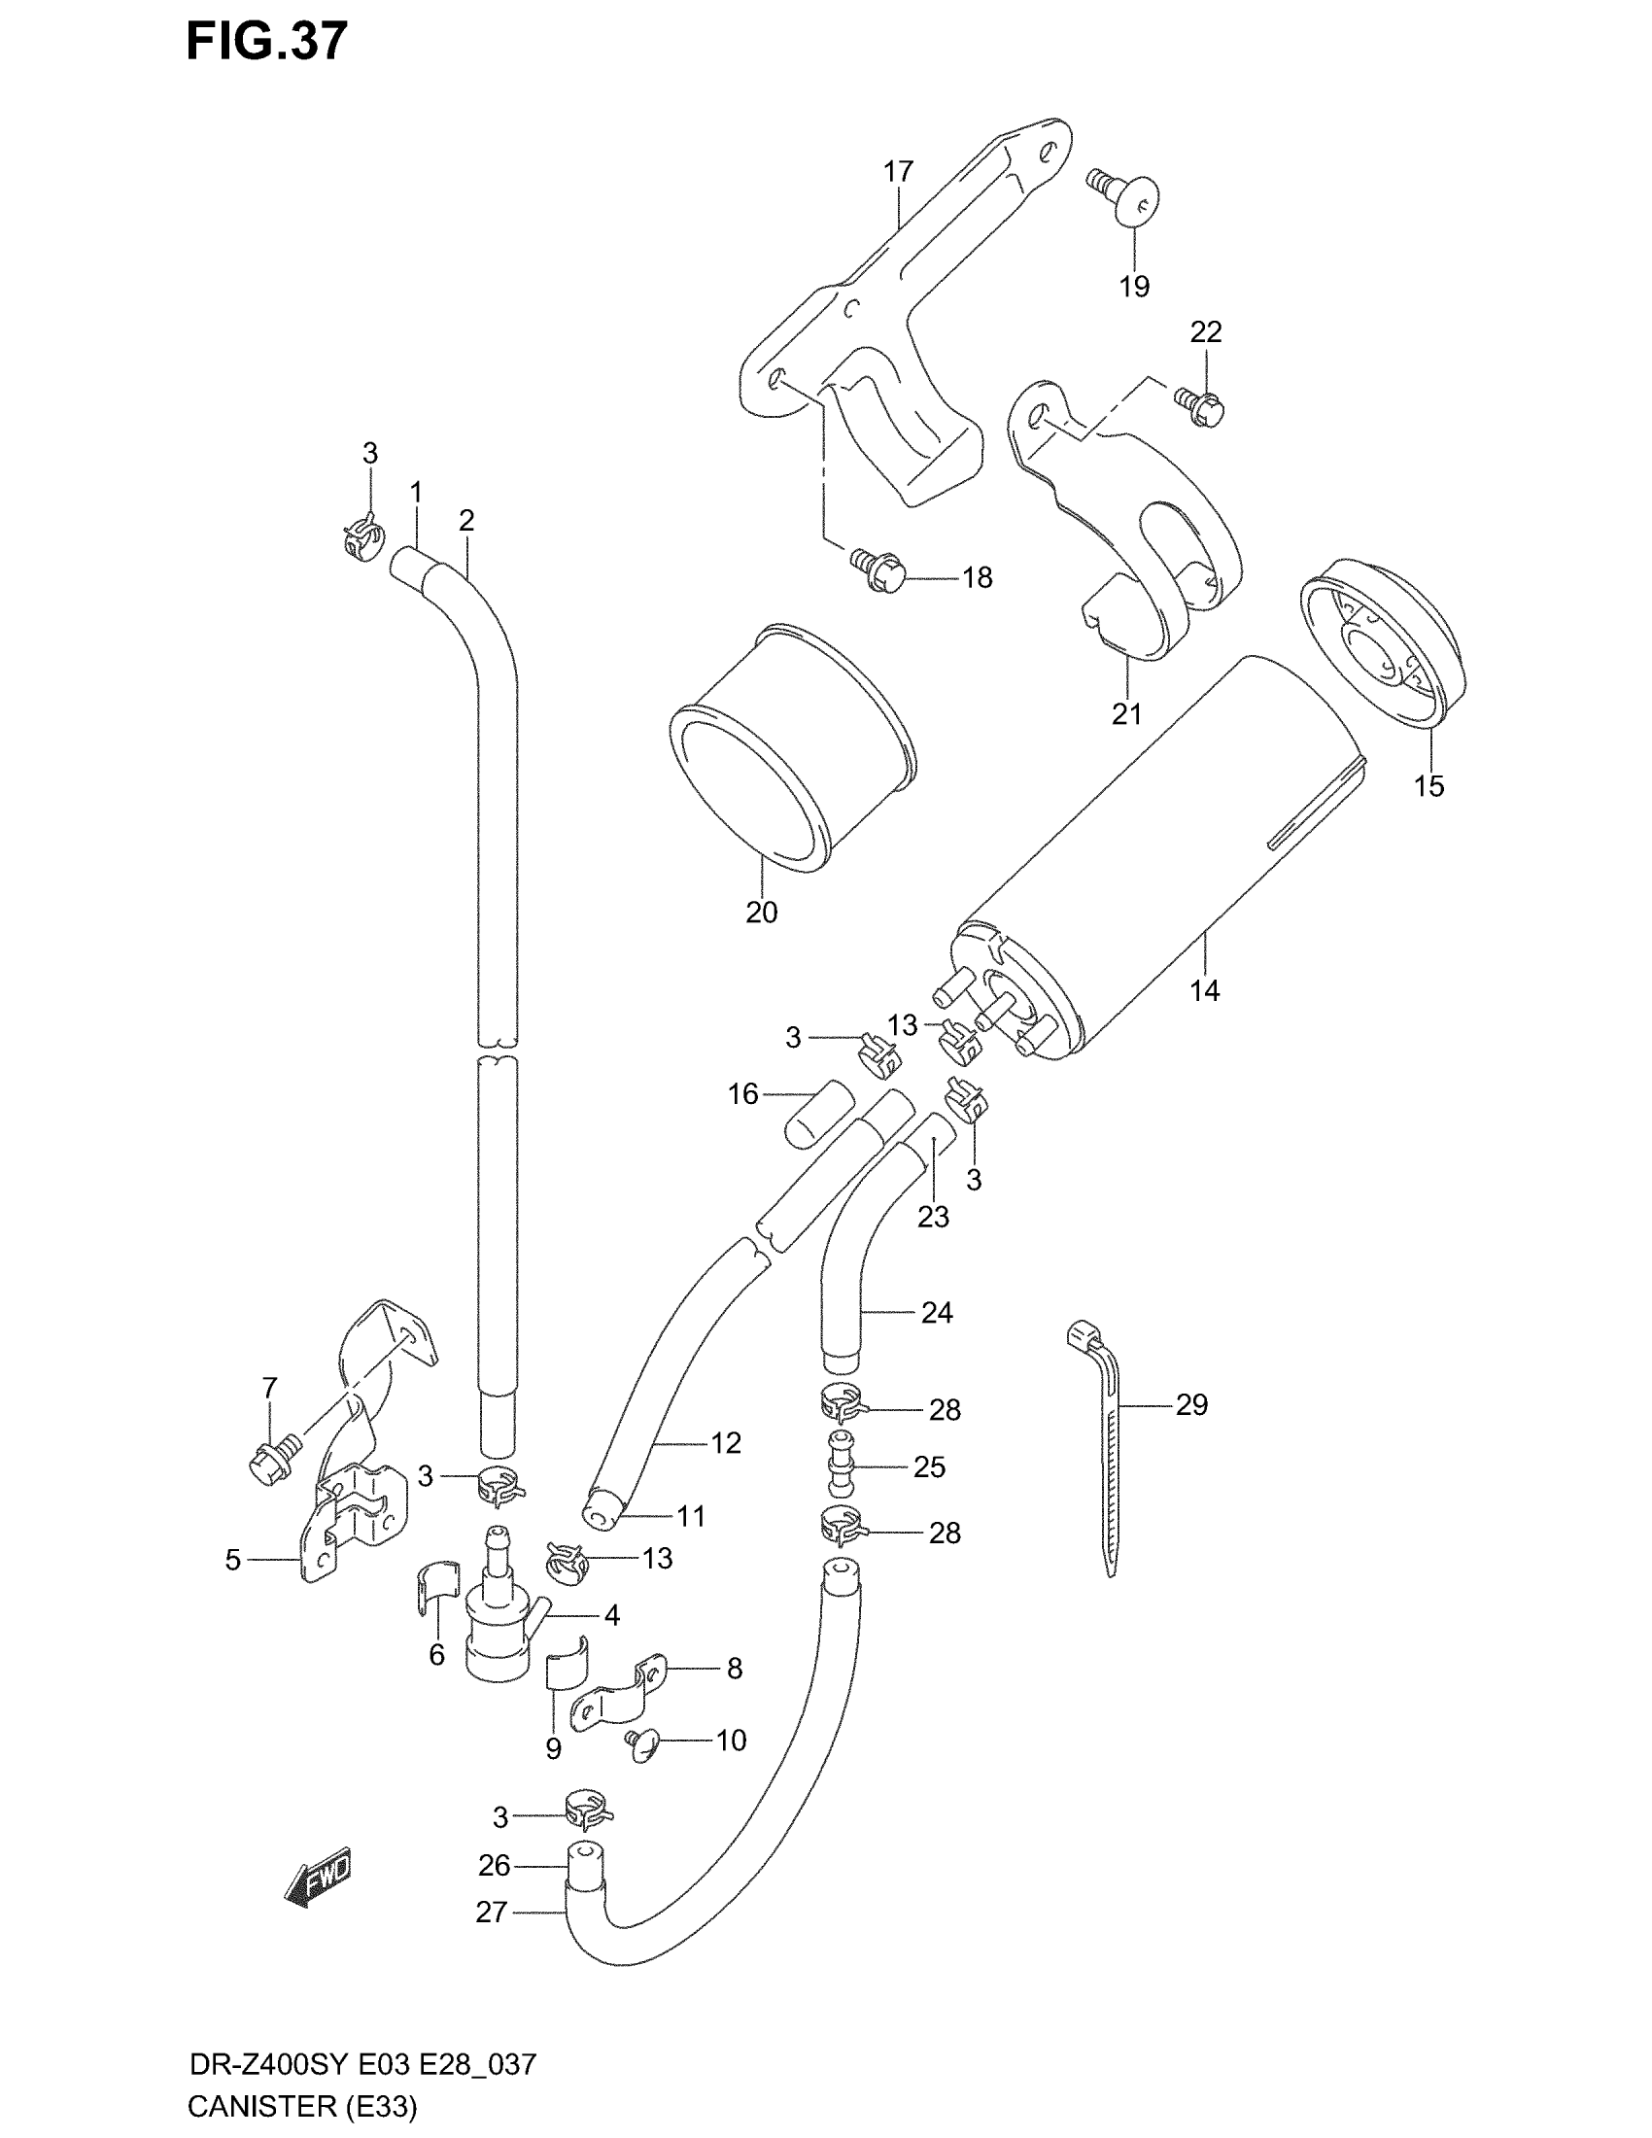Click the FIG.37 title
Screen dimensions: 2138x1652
click(x=266, y=41)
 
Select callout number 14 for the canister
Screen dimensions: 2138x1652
click(x=1204, y=990)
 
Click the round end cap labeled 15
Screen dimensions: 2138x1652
click(x=1382, y=644)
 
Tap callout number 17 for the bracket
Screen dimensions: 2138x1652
click(x=898, y=172)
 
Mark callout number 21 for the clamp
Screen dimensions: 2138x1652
click(x=1126, y=713)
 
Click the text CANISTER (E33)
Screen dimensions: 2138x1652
click(x=301, y=2105)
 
